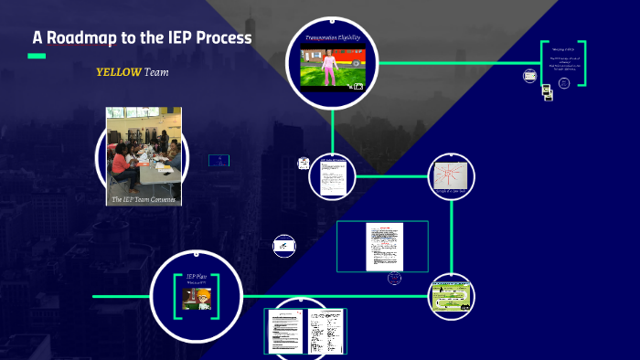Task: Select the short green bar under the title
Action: tap(37, 57)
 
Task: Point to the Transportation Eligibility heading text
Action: tap(333, 39)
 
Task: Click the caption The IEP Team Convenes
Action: tap(144, 198)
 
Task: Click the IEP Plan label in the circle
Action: tap(197, 277)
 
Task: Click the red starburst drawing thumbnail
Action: tap(452, 175)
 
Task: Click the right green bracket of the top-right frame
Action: tap(581, 64)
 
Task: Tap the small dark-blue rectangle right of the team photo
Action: tap(219, 160)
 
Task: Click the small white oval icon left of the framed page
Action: tap(284, 245)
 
